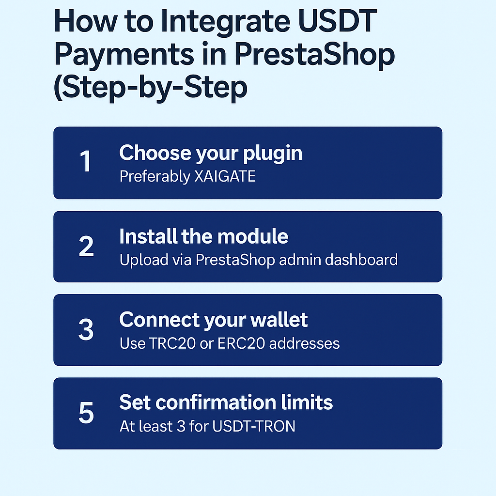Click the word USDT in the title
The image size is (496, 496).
pyautogui.click(x=337, y=21)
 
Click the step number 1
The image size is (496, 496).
pyautogui.click(x=86, y=161)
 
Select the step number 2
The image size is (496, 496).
pyautogui.click(x=86, y=246)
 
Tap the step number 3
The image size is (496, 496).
pyautogui.click(x=86, y=329)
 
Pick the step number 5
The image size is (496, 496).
pyautogui.click(x=86, y=413)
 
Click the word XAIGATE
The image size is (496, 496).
pyautogui.click(x=225, y=176)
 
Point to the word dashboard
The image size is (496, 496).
pyautogui.click(x=361, y=260)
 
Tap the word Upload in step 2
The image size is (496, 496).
pyautogui.click(x=144, y=260)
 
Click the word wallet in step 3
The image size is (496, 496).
pyautogui.click(x=279, y=320)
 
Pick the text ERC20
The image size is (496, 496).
pyautogui.click(x=241, y=343)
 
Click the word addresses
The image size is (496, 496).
pyautogui.click(x=304, y=343)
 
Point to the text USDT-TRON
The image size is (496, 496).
pyautogui.click(x=254, y=426)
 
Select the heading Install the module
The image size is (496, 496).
pyautogui.click(x=204, y=236)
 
